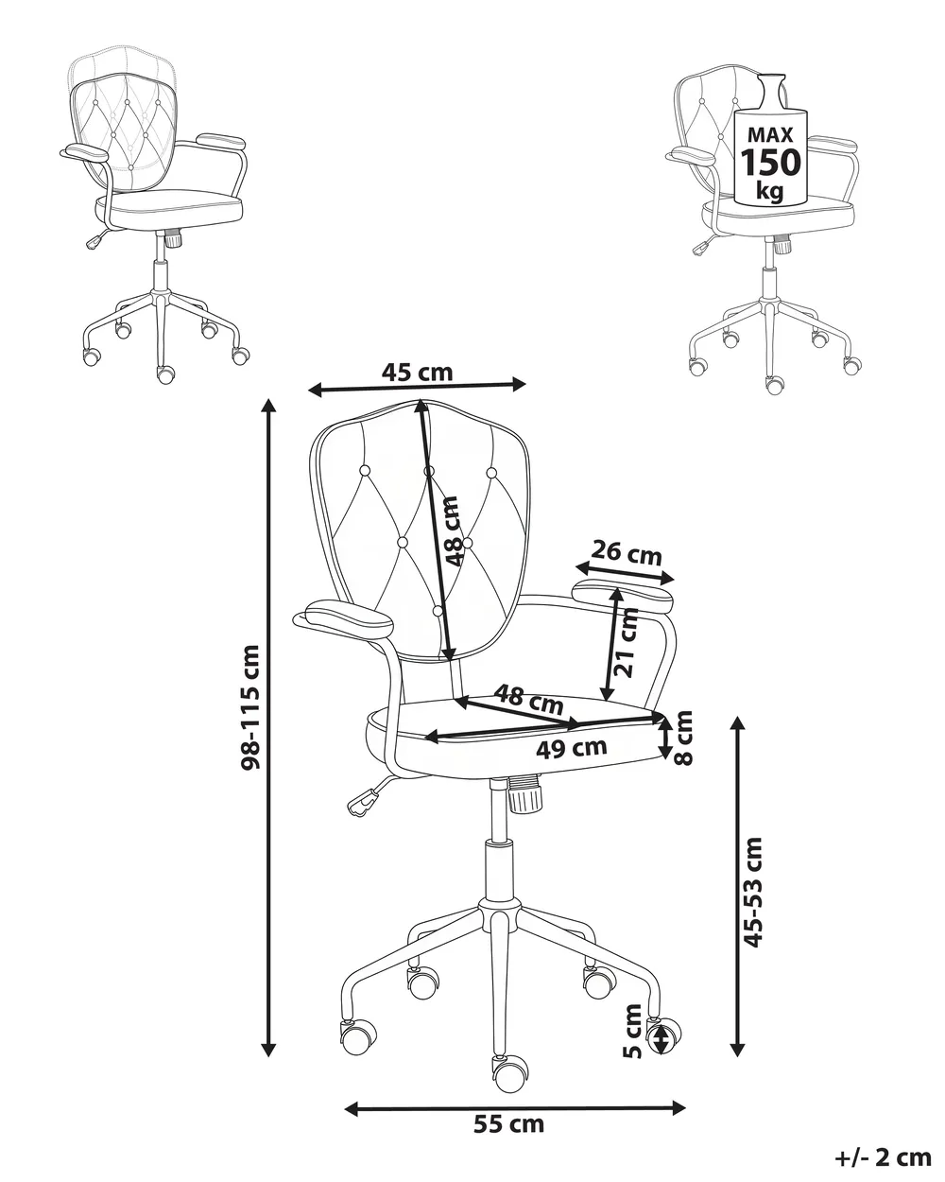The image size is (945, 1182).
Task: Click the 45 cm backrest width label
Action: [x=418, y=373]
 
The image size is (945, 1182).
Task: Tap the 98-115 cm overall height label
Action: [x=250, y=707]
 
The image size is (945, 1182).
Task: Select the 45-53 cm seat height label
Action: [x=752, y=893]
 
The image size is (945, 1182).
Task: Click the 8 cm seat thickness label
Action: [x=684, y=739]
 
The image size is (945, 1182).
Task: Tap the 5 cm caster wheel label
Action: [x=632, y=1032]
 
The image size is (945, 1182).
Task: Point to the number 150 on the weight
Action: [x=770, y=162]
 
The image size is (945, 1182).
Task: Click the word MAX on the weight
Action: [x=770, y=134]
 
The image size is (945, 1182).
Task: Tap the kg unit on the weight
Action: [x=770, y=191]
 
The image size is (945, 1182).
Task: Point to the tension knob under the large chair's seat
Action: [x=524, y=794]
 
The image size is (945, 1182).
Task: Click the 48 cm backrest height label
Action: [x=450, y=531]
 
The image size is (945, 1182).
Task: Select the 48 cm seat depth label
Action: [x=529, y=699]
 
